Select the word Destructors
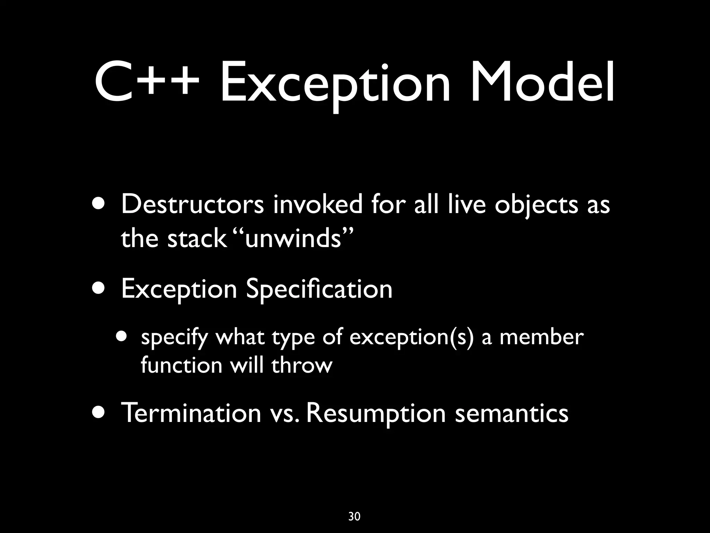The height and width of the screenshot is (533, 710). click(x=192, y=205)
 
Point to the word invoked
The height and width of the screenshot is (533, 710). click(x=318, y=205)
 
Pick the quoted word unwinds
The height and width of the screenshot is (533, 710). click(x=293, y=239)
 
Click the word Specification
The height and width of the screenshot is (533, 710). click(x=319, y=289)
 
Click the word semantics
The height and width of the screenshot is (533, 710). click(x=512, y=414)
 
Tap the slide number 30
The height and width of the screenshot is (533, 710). click(x=354, y=517)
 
